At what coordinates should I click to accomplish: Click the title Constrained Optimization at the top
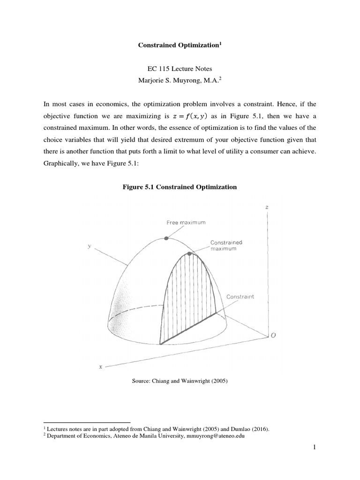(179, 45)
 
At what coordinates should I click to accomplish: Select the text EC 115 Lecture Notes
(180, 68)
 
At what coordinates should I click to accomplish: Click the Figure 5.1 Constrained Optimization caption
(180, 187)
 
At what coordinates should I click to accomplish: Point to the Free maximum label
(186, 223)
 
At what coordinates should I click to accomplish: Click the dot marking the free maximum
(166, 238)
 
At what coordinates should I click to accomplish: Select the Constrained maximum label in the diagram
(226, 245)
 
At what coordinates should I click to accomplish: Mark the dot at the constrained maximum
(189, 254)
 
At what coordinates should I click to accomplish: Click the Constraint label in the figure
(240, 297)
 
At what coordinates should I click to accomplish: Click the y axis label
(89, 246)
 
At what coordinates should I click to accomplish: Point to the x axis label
(101, 367)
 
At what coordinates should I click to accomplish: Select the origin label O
(273, 335)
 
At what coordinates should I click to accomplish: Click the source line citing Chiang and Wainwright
(180, 381)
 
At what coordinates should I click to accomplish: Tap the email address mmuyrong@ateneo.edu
(213, 435)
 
